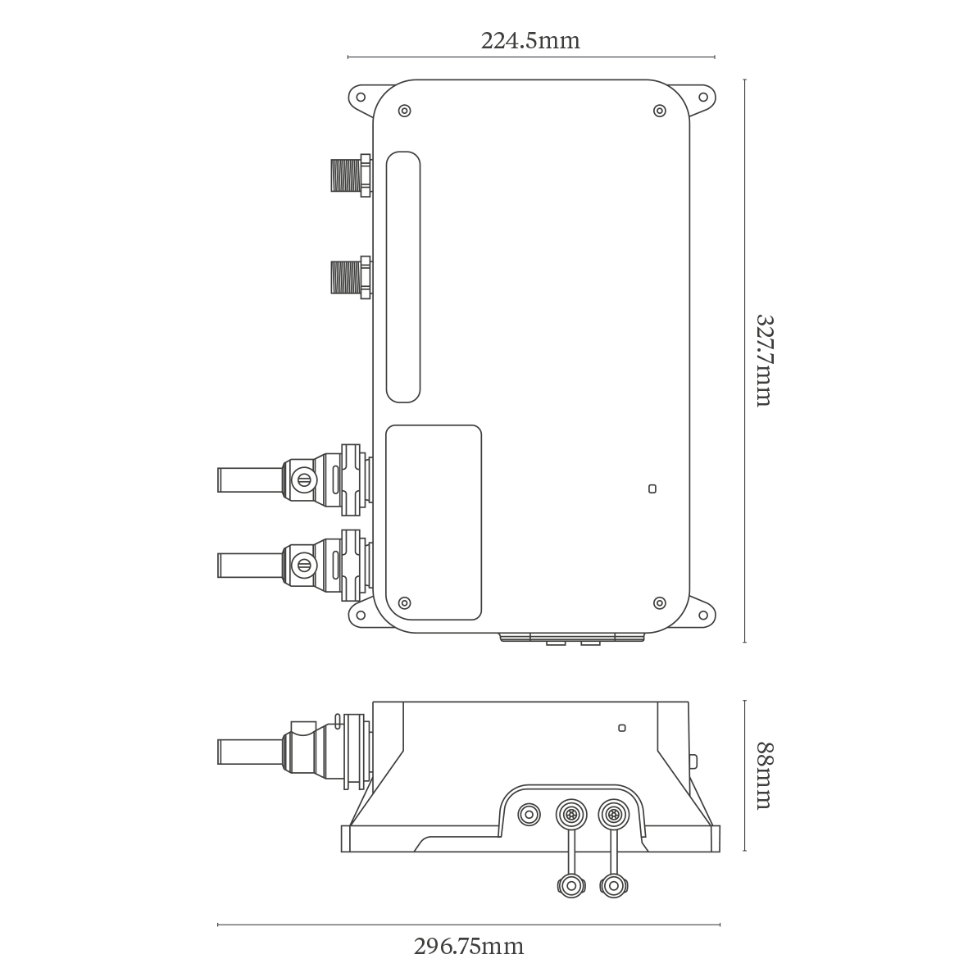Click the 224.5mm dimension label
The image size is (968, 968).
[530, 41]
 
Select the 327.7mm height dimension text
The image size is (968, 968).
[764, 361]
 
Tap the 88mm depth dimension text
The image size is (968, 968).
[764, 775]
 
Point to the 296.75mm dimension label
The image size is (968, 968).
[469, 945]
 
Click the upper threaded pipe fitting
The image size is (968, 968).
[352, 175]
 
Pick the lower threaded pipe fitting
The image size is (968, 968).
[352, 277]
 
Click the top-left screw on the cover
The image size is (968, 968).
[404, 111]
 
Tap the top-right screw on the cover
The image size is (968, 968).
[659, 111]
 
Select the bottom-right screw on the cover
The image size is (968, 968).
[659, 602]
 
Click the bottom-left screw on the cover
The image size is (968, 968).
[404, 602]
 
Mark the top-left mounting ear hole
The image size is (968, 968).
[360, 97]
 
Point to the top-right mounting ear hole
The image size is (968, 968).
[702, 97]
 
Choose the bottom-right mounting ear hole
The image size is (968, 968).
[702, 615]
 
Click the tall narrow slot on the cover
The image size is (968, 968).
[403, 277]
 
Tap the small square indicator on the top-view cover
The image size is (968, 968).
[652, 489]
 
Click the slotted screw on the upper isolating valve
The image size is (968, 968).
[303, 479]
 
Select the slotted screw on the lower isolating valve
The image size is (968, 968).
[303, 564]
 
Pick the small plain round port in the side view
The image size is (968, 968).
[529, 815]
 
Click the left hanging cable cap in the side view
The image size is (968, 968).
[571, 887]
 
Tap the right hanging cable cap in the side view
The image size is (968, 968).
[613, 887]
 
